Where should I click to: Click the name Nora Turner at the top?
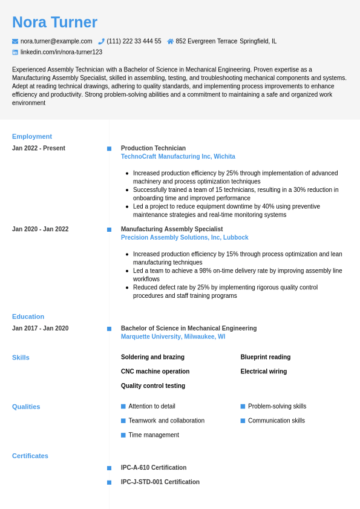(x=54, y=22)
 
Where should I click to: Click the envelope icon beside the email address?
(x=15, y=41)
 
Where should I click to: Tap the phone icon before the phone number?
(x=101, y=41)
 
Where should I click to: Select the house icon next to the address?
(x=171, y=41)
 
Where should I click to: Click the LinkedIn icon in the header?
(x=15, y=52)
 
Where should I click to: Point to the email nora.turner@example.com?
(x=56, y=41)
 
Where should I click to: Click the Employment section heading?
(x=32, y=136)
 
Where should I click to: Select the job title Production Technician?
(x=153, y=148)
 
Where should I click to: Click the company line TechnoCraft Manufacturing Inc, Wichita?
(x=178, y=157)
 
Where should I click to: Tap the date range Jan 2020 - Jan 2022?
(x=40, y=229)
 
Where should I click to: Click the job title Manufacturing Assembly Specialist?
(x=172, y=229)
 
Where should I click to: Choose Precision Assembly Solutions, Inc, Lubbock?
(x=185, y=238)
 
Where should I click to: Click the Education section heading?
(x=28, y=317)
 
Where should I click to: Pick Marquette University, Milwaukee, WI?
(x=173, y=337)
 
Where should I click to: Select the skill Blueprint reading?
(x=266, y=357)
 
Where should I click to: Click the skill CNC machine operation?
(x=155, y=372)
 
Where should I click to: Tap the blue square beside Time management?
(x=123, y=435)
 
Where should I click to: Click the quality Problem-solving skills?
(x=277, y=406)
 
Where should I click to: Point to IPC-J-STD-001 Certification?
(x=160, y=482)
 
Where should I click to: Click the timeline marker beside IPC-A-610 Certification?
(x=109, y=468)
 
